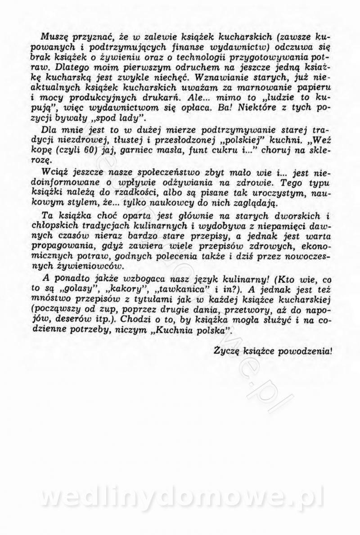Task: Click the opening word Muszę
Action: pyautogui.click(x=52, y=36)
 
